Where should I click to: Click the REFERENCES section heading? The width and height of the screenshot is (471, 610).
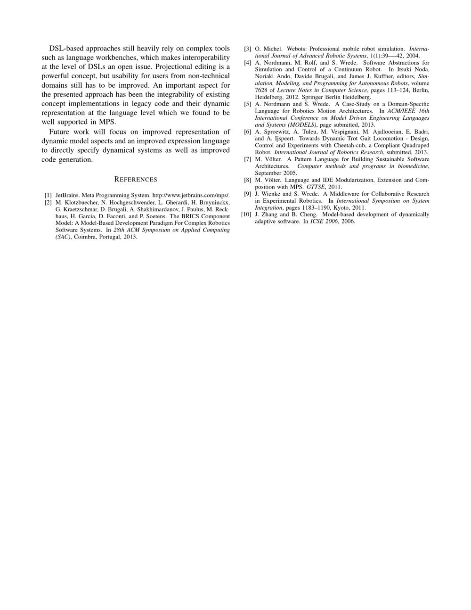tap(136, 180)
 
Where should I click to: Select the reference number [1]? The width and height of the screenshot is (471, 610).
tap(48, 195)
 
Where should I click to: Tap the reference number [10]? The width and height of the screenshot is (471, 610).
tap(246, 214)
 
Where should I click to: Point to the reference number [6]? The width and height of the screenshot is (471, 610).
tap(247, 132)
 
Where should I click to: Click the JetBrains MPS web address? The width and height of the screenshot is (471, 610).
tap(191, 195)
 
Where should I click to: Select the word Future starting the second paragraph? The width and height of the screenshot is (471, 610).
tap(60, 132)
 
